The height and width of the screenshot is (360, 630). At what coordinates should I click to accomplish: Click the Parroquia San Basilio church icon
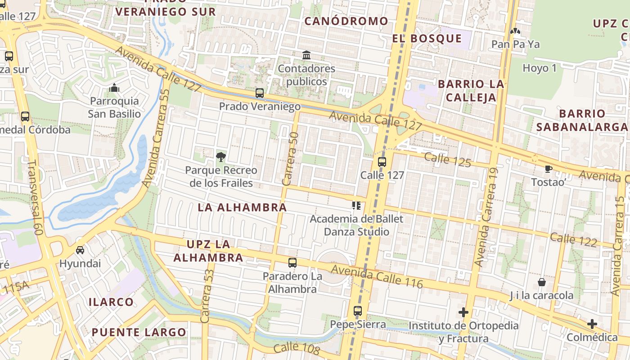(x=114, y=87)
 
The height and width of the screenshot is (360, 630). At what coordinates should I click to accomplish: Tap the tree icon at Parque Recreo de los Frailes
(x=220, y=157)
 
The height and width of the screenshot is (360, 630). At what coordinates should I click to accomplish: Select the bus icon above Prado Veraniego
(x=260, y=93)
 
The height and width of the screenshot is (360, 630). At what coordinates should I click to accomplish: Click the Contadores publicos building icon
(x=306, y=55)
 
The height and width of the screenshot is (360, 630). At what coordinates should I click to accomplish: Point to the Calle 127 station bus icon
(x=382, y=162)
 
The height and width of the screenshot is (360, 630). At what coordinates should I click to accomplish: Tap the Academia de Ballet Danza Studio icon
(x=356, y=206)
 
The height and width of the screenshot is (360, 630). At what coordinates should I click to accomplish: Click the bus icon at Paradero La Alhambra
(x=292, y=263)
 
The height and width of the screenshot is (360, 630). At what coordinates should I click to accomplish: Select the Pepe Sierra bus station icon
(x=357, y=311)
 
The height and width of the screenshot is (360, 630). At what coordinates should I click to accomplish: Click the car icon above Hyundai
(x=80, y=250)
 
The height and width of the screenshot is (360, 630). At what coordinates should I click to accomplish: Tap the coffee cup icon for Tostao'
(x=548, y=169)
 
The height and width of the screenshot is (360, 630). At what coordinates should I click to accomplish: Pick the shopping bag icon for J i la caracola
(x=542, y=282)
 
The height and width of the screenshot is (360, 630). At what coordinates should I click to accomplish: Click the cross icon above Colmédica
(x=592, y=324)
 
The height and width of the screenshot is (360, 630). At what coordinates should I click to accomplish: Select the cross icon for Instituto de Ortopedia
(x=463, y=312)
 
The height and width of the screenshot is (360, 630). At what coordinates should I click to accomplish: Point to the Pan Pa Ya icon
(x=515, y=31)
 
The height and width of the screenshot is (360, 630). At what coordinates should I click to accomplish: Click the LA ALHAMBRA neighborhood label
(x=242, y=207)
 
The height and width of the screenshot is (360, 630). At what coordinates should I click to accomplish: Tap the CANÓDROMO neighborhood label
(x=346, y=21)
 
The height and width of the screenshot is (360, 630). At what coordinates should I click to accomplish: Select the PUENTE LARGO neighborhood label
(x=139, y=333)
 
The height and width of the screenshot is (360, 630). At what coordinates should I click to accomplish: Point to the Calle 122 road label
(x=574, y=240)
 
